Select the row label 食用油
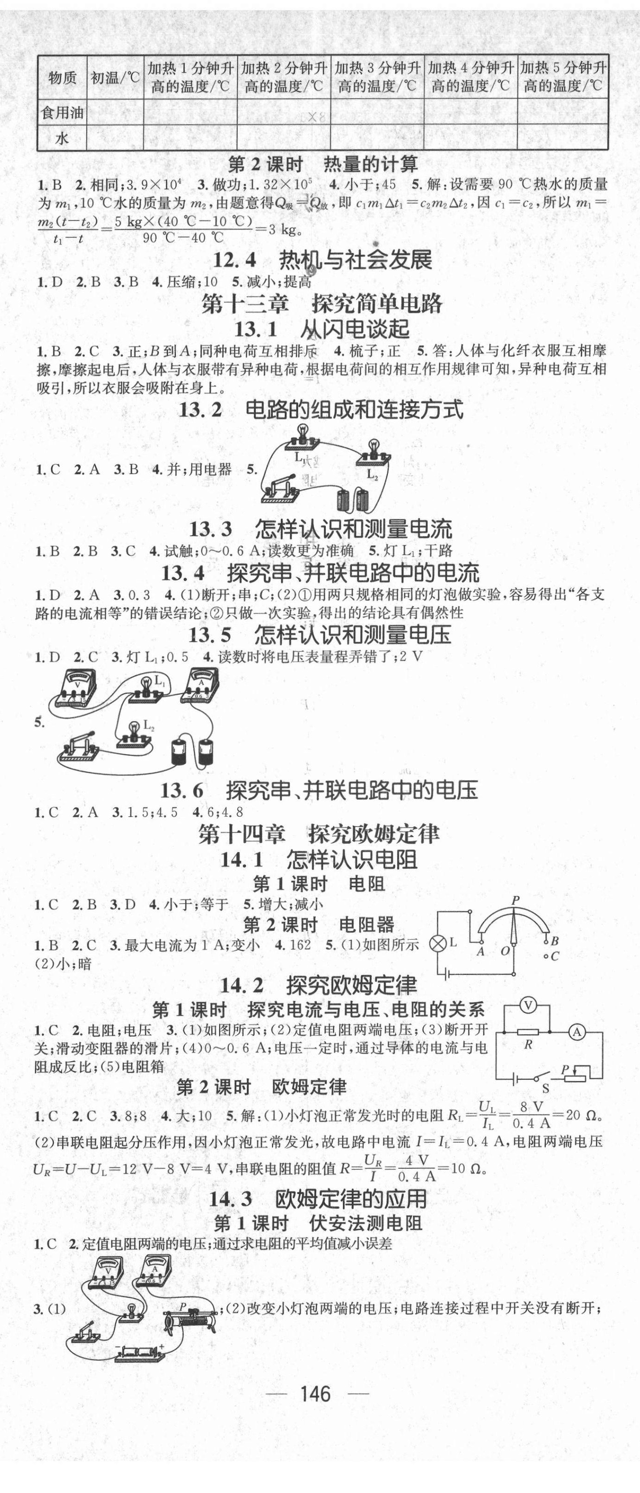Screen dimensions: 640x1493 point(61,112)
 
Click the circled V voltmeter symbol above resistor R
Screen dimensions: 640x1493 point(528,1006)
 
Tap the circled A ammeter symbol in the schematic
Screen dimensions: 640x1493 point(576,1031)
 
